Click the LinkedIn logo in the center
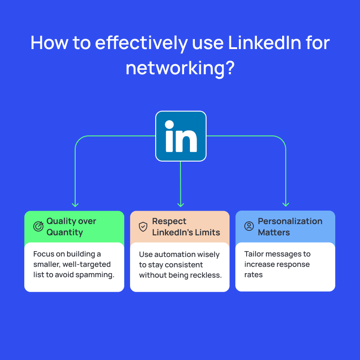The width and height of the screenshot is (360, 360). coord(180,136)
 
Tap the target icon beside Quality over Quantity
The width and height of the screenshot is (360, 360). coord(38,226)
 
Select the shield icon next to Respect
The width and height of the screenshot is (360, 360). coord(143,226)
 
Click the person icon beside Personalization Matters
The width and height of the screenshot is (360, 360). coord(249,226)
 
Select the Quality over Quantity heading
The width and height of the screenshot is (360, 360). coord(71,227)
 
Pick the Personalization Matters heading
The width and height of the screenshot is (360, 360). coord(290,227)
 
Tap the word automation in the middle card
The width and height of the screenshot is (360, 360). coord(174,254)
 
